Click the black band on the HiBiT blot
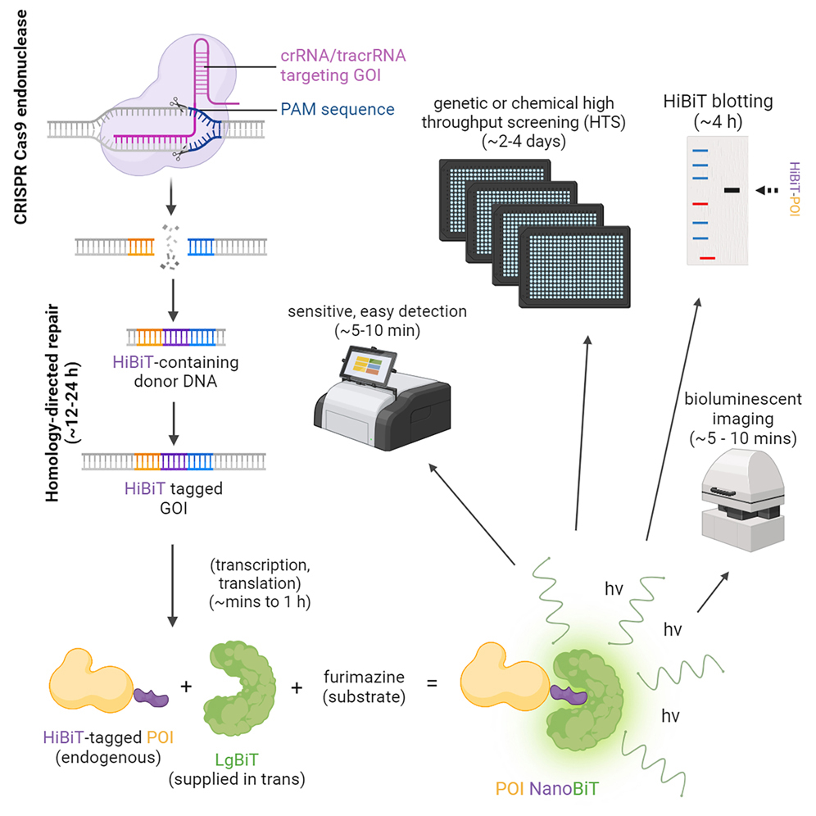click(x=732, y=190)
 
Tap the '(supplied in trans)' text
click(x=236, y=779)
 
